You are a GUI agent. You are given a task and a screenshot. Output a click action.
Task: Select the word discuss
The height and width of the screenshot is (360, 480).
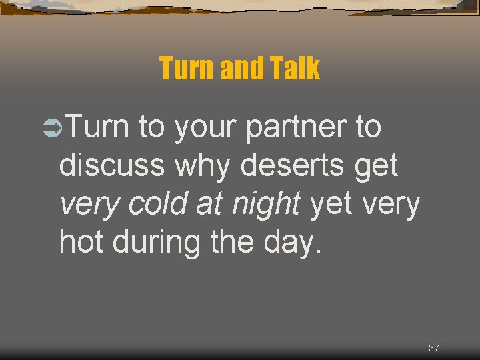[x=111, y=166]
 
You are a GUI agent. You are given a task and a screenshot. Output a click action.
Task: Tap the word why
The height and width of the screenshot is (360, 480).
[x=204, y=166]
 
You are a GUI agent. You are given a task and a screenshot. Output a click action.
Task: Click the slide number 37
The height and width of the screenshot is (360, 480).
[x=434, y=348]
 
